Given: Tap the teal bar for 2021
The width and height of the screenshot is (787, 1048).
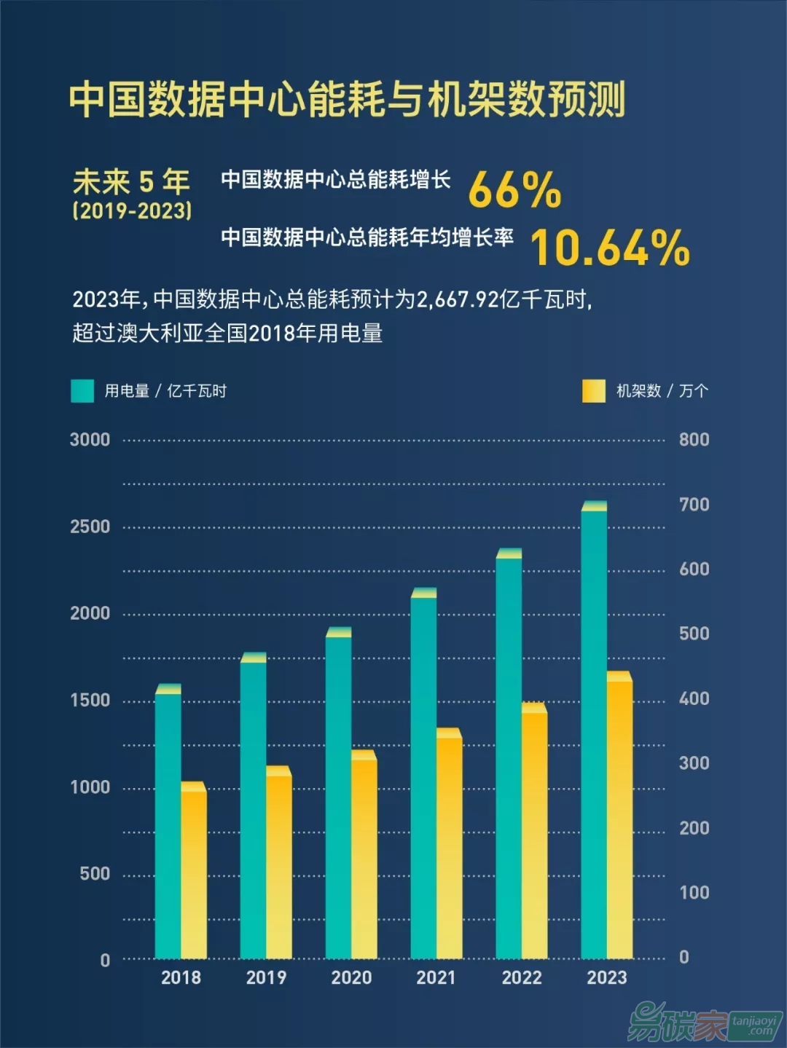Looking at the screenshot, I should (x=423, y=776).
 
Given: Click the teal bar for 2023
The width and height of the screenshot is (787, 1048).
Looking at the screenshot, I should (x=594, y=732).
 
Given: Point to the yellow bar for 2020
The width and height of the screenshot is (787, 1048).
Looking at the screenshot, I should (x=364, y=856).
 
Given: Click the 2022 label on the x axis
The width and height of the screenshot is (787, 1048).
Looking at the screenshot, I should (x=522, y=977).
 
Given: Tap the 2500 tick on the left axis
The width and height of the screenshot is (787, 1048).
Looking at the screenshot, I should (x=90, y=527).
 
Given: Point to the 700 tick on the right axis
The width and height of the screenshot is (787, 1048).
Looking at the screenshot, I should (x=694, y=504).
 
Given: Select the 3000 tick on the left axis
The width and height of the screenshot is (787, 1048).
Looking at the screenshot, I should (x=90, y=440).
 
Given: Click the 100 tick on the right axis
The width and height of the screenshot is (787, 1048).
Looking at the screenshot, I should (x=694, y=892).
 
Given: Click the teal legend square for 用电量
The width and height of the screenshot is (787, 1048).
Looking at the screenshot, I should (x=82, y=391).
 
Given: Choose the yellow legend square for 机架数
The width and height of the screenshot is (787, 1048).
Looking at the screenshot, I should (x=594, y=391).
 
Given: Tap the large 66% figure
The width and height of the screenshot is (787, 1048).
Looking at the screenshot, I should (x=514, y=190).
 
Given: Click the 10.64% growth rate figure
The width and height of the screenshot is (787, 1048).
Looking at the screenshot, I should (x=609, y=248).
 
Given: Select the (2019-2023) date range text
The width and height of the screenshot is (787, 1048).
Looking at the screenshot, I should (x=132, y=211).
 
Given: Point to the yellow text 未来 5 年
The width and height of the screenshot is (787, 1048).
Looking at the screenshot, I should (x=131, y=181).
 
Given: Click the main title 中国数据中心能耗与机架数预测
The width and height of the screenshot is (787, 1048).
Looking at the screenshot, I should (x=347, y=99).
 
